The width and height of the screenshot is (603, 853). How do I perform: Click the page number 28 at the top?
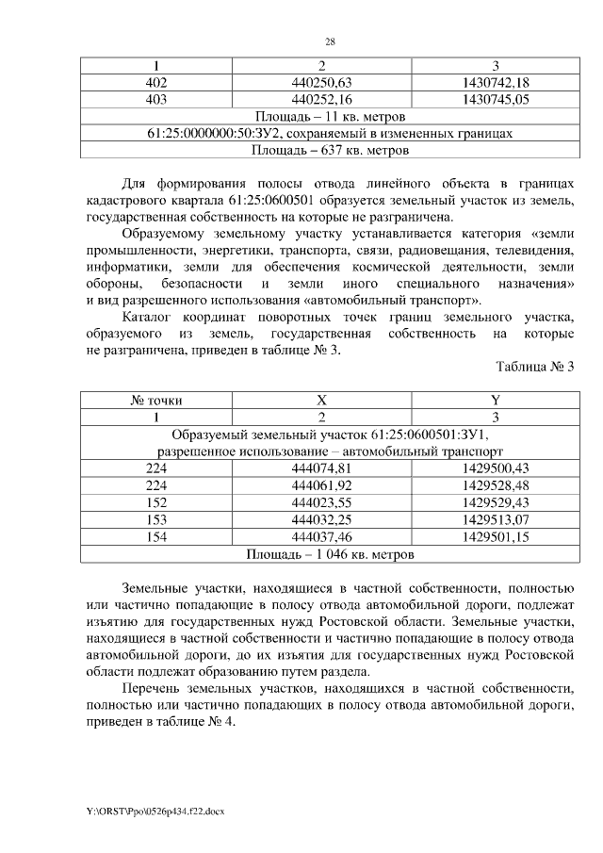click(331, 42)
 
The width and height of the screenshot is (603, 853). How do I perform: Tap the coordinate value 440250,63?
click(322, 83)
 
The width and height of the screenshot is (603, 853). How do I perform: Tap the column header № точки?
click(155, 400)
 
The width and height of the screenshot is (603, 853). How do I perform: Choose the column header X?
click(322, 400)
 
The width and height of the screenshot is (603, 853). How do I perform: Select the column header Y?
click(496, 400)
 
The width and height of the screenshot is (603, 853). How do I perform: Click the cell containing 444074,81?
click(322, 468)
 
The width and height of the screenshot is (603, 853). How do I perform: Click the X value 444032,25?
click(322, 518)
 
